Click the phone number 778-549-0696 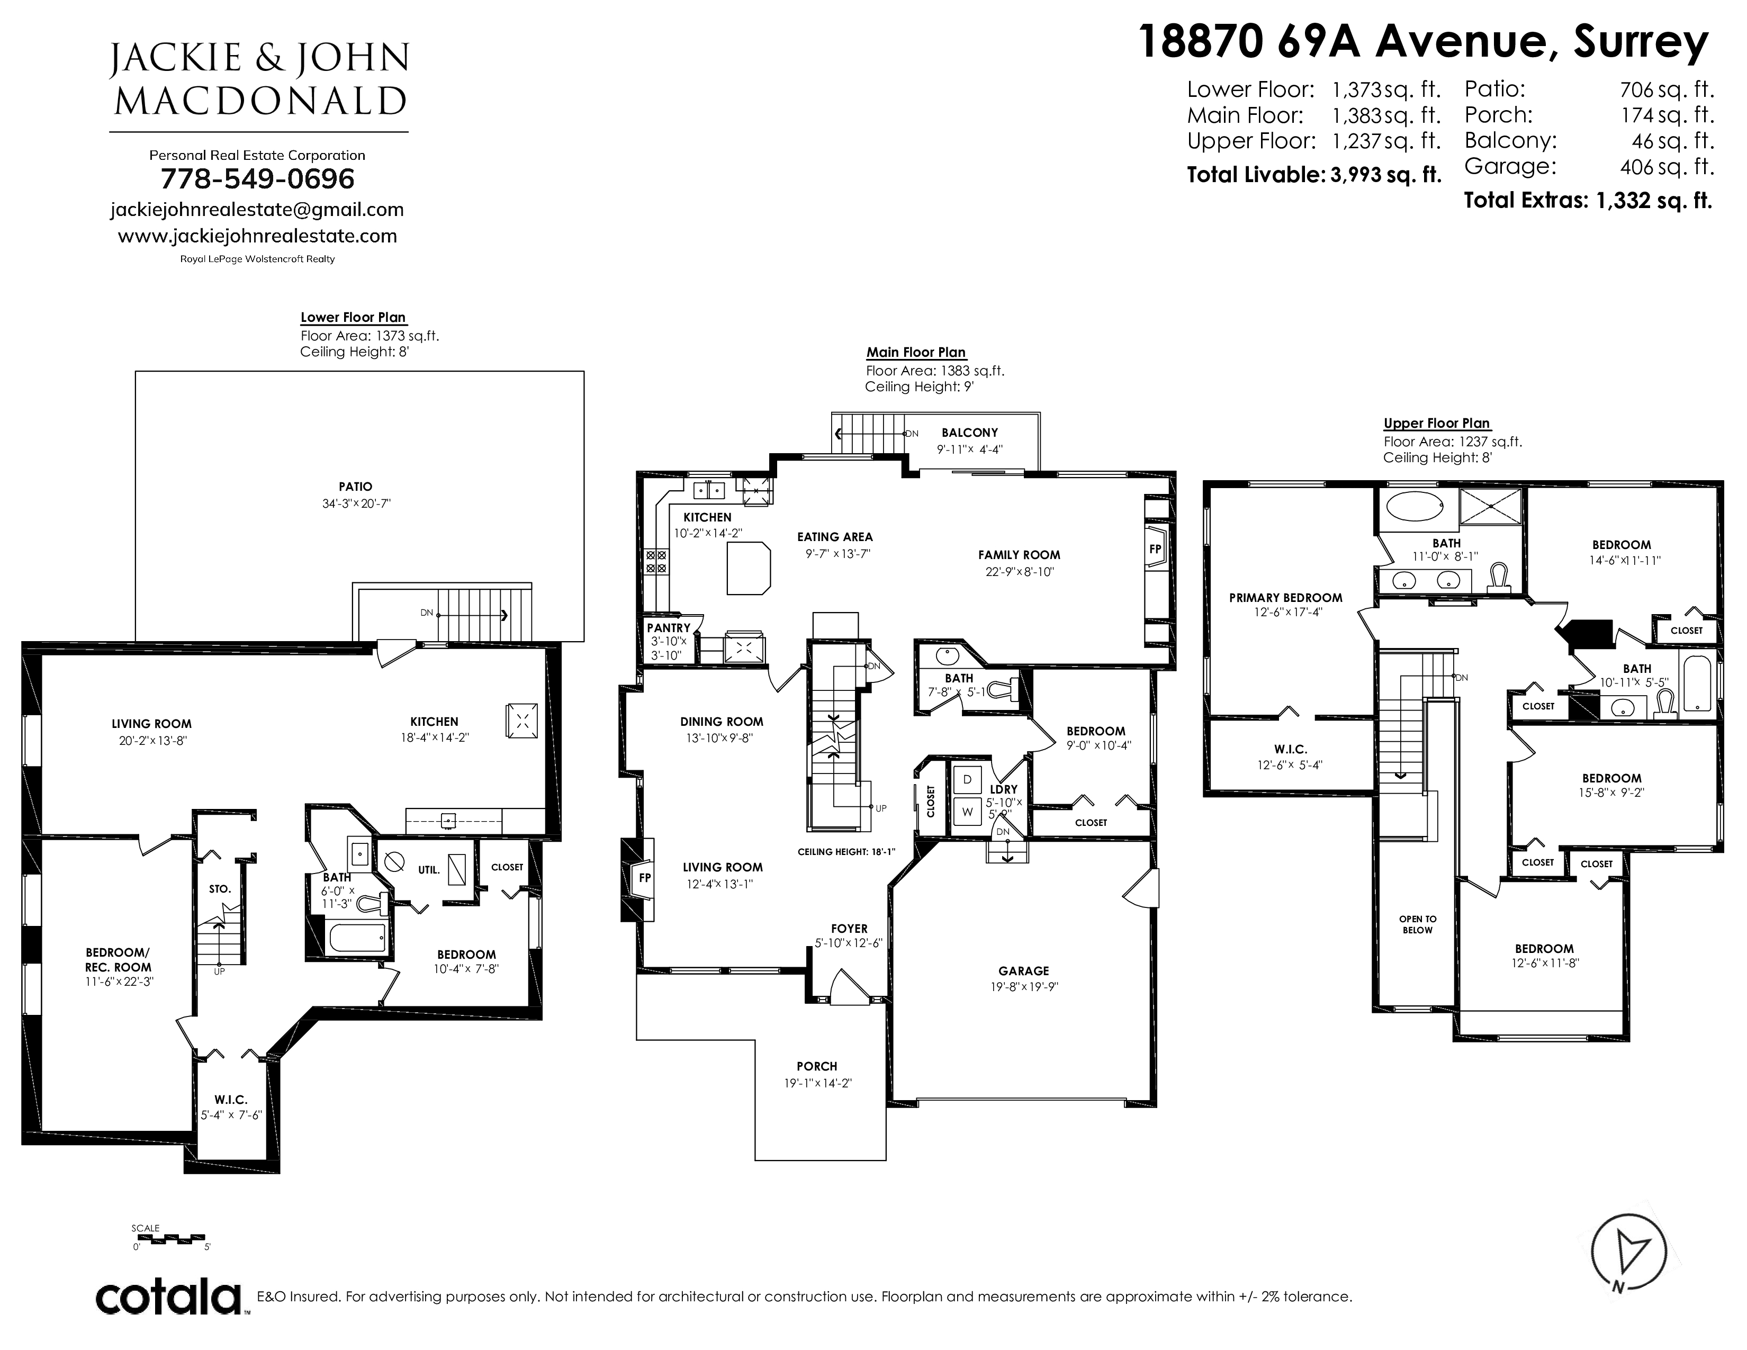pos(258,179)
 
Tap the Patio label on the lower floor pos(355,486)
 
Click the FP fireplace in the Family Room pos(1155,550)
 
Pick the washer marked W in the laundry pos(967,811)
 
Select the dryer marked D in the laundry pos(967,779)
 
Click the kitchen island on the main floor pos(749,568)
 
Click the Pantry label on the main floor pos(669,628)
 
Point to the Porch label pos(817,1066)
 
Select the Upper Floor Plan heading pos(1437,423)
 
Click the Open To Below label pos(1417,924)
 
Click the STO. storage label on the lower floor pos(220,888)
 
